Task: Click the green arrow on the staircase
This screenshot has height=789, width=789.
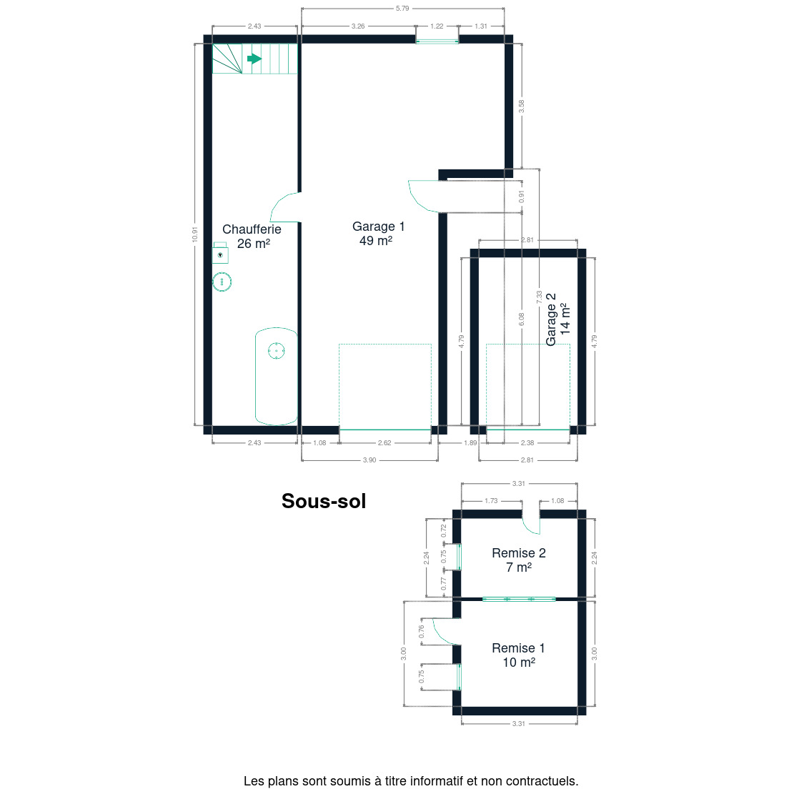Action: pyautogui.click(x=254, y=59)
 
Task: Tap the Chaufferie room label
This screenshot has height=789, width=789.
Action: pyautogui.click(x=252, y=237)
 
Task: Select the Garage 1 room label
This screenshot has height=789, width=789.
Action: pyautogui.click(x=378, y=234)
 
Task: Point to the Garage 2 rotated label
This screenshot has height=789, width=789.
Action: pyautogui.click(x=558, y=319)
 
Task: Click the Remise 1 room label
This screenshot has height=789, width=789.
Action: pyautogui.click(x=518, y=655)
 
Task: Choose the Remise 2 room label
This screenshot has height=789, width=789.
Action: pyautogui.click(x=519, y=560)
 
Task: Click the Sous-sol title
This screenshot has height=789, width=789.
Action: pyautogui.click(x=324, y=501)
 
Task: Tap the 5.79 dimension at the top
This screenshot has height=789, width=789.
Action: pyautogui.click(x=402, y=8)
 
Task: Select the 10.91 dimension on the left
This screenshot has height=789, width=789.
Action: pyautogui.click(x=194, y=234)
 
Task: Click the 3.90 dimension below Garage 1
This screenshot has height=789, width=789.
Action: pyautogui.click(x=369, y=460)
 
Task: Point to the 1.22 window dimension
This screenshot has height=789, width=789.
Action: pyautogui.click(x=437, y=26)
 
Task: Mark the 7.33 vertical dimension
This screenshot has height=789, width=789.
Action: pyautogui.click(x=539, y=297)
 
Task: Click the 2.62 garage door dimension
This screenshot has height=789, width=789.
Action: pyautogui.click(x=384, y=443)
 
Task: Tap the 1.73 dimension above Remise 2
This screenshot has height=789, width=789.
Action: pyautogui.click(x=491, y=501)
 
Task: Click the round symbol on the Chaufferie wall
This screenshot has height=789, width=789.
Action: pyautogui.click(x=222, y=282)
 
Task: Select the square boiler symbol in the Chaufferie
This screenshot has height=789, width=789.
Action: pyautogui.click(x=220, y=253)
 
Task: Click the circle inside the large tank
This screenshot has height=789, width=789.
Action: pyautogui.click(x=277, y=350)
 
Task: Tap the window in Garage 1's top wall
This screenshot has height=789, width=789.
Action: pyautogui.click(x=437, y=41)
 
